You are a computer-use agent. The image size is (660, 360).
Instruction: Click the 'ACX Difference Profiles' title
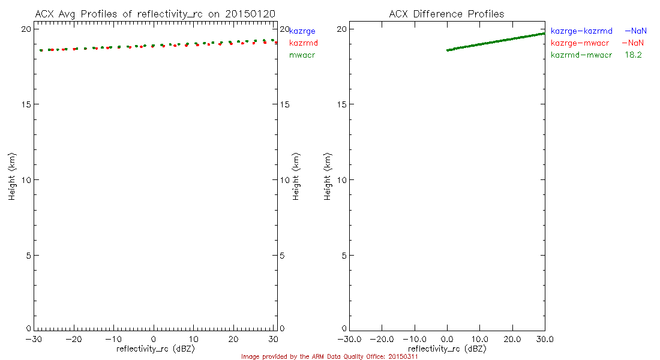click(x=446, y=13)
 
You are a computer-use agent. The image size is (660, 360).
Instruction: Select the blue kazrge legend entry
click(x=302, y=31)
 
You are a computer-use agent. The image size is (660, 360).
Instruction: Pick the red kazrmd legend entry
click(x=304, y=43)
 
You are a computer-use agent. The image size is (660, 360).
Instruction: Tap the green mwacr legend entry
click(x=302, y=55)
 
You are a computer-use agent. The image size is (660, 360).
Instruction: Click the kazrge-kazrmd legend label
click(x=581, y=31)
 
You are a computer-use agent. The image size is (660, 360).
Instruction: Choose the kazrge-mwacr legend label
click(x=581, y=43)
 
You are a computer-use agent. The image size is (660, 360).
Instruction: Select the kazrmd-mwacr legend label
click(x=581, y=55)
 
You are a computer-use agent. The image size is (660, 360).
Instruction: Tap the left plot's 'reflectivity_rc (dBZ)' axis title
click(x=155, y=348)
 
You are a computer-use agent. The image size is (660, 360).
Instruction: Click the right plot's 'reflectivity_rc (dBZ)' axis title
click(x=446, y=348)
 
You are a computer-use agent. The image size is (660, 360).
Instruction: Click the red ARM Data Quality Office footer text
click(x=329, y=356)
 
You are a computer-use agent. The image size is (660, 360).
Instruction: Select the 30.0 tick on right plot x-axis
click(x=544, y=339)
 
